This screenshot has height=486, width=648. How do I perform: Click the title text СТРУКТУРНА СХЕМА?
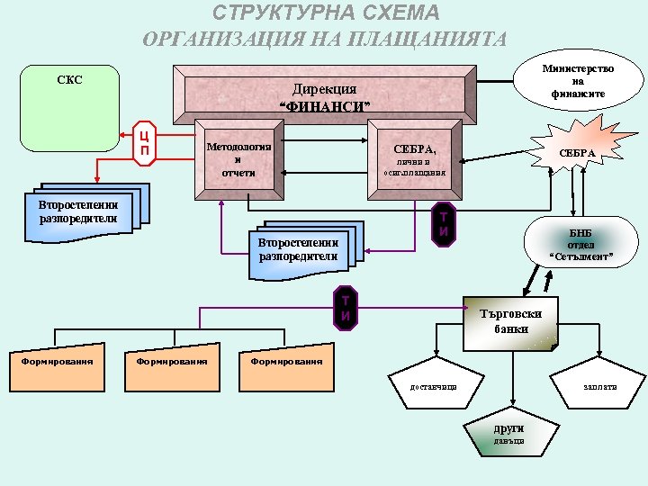[325, 13]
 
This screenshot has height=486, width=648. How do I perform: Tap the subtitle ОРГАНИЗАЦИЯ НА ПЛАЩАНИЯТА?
[325, 40]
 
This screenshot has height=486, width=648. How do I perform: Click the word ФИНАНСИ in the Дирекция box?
[326, 107]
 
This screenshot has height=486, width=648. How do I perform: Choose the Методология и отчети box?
[238, 158]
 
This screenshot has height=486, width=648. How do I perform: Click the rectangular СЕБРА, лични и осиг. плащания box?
[414, 158]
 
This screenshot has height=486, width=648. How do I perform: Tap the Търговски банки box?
[510, 322]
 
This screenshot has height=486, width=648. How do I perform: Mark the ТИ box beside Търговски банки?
[345, 307]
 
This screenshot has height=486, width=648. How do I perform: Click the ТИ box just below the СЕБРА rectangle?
[443, 224]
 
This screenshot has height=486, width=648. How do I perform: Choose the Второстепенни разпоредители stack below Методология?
[298, 248]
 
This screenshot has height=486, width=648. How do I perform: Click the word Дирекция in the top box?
[325, 89]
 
